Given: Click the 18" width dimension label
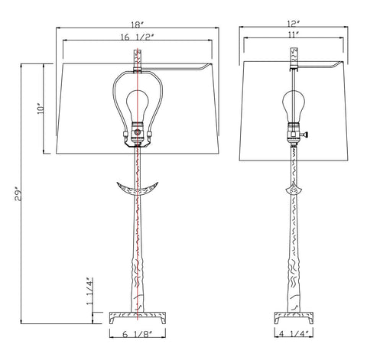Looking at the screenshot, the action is pyautogui.click(x=138, y=24).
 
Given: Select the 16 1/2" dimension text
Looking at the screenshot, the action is pyautogui.click(x=138, y=37).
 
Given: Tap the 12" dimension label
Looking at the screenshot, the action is pyautogui.click(x=294, y=24).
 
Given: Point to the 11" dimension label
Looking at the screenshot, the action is pyautogui.click(x=294, y=34).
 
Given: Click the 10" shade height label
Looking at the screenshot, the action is pyautogui.click(x=41, y=109).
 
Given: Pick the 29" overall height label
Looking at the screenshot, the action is pyautogui.click(x=18, y=194).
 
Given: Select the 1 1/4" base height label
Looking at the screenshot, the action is pyautogui.click(x=89, y=291).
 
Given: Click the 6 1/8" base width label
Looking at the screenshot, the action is pyautogui.click(x=138, y=334).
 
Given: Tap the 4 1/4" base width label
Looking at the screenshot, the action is pyautogui.click(x=294, y=333).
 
